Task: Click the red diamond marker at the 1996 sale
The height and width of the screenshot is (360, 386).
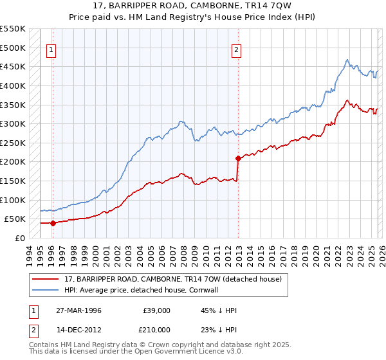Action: coord(53,223)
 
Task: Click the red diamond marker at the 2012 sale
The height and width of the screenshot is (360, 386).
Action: coord(238,157)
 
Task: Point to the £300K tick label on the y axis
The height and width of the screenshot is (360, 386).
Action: coord(13,123)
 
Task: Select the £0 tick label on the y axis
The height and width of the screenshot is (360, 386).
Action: coord(19,238)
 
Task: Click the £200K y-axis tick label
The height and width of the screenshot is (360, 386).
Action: coord(13,161)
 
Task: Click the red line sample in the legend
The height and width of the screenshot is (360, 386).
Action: coord(46,280)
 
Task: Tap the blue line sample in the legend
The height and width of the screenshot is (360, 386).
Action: coord(46,290)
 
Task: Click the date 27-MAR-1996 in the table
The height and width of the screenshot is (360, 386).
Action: coord(78,310)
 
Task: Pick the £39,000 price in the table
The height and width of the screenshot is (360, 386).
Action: coord(157,310)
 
